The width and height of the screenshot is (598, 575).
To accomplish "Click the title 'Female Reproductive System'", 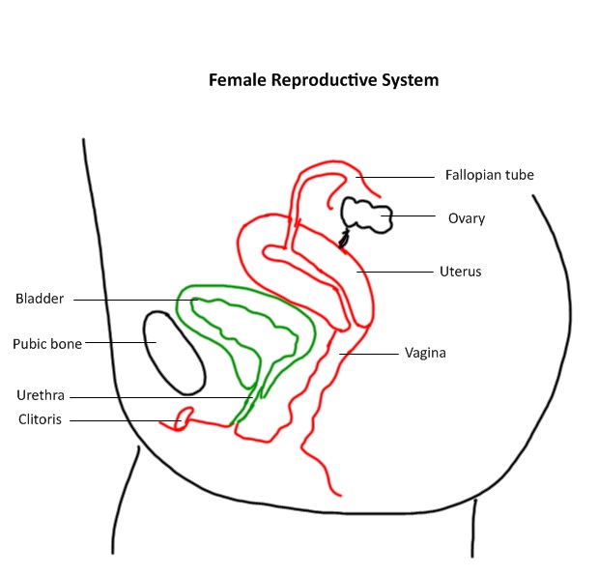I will (x=324, y=80).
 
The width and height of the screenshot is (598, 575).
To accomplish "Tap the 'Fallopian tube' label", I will (x=489, y=175).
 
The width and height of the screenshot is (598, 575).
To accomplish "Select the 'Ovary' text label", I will (x=466, y=218).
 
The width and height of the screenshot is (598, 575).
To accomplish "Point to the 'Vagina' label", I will (x=425, y=353).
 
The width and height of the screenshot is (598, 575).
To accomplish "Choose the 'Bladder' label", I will (x=40, y=299).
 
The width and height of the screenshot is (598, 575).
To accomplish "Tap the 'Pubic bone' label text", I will (x=47, y=343).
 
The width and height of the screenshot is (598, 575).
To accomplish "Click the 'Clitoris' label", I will (x=40, y=419).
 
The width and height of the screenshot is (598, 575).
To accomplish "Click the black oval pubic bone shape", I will (x=174, y=353).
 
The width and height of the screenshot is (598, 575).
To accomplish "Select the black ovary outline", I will (x=366, y=214).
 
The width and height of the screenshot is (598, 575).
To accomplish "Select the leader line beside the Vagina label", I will (x=372, y=354).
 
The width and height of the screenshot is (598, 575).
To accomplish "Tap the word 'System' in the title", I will (x=410, y=80).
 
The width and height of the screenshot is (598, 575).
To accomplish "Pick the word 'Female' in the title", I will (x=238, y=80).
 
